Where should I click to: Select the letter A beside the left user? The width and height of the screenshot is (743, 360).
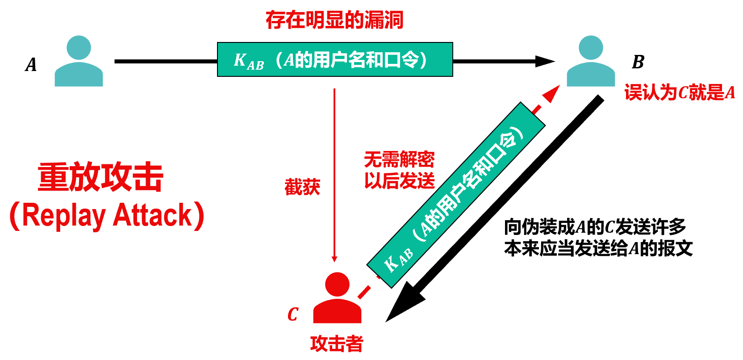[x=31, y=65]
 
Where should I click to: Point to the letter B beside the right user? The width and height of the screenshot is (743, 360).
[x=638, y=62]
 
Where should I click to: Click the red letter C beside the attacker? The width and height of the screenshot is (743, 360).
[x=292, y=314]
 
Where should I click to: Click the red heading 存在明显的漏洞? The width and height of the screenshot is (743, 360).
[x=334, y=20]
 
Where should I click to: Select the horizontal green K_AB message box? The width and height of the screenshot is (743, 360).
[x=335, y=59]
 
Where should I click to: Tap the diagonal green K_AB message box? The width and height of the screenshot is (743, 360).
[x=455, y=195]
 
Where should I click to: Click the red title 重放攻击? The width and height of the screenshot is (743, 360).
[x=101, y=177]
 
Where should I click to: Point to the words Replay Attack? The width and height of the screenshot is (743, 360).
[x=107, y=216]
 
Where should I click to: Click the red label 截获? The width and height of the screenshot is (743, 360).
[x=302, y=187]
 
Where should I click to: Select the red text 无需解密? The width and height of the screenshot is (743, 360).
[x=399, y=159]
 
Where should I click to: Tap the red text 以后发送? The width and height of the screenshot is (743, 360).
[x=399, y=181]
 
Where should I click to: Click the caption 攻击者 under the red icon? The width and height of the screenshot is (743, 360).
[x=337, y=343]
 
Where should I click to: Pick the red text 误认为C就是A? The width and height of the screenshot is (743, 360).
[x=679, y=92]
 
